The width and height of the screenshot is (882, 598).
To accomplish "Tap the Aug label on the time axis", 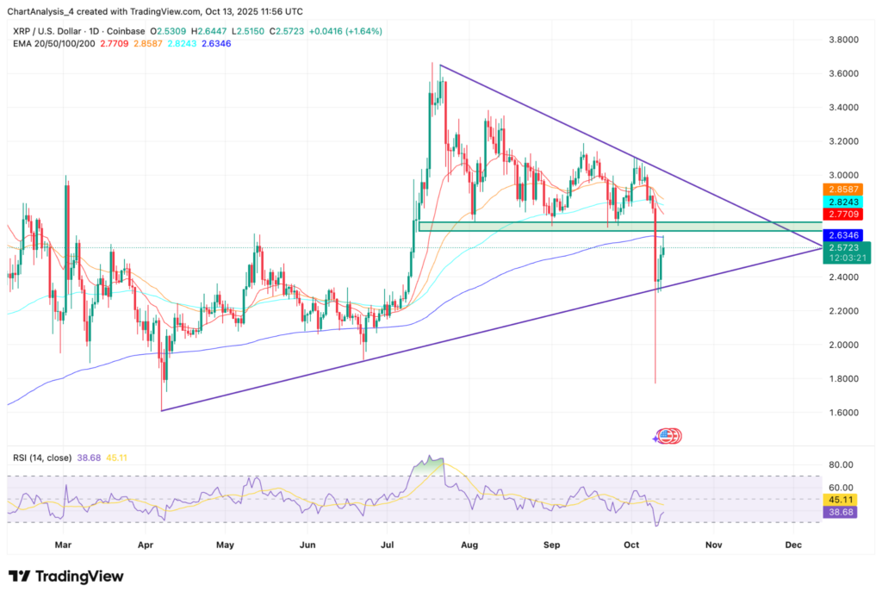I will pyautogui.click(x=469, y=545).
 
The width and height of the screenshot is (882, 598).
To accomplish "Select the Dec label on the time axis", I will pyautogui.click(x=793, y=545).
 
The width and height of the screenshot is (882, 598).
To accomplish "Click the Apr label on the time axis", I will pyautogui.click(x=145, y=545).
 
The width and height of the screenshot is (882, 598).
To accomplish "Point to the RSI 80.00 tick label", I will pyautogui.click(x=842, y=464).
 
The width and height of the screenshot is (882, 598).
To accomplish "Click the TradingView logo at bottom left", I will pyautogui.click(x=66, y=576).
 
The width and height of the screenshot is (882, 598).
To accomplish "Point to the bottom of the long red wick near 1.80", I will pyautogui.click(x=655, y=383).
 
